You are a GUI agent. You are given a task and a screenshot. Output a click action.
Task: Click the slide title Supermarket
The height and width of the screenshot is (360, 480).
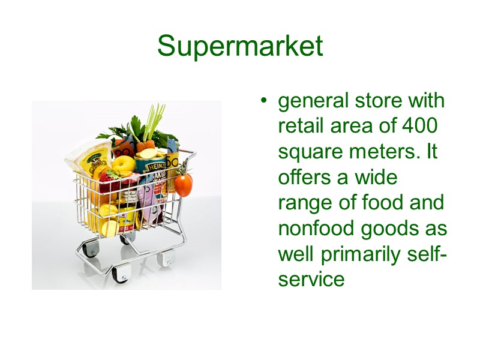point(240,46)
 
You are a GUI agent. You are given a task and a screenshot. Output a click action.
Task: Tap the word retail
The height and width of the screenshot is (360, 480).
point(298,127)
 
